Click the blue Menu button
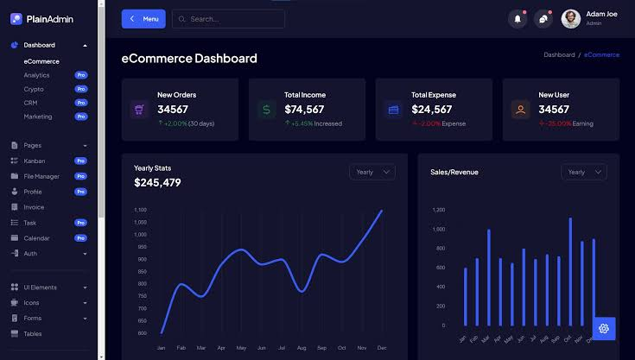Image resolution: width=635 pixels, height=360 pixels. (x=143, y=19)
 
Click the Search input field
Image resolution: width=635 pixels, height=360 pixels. (x=228, y=19)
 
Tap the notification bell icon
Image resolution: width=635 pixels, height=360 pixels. (x=518, y=18)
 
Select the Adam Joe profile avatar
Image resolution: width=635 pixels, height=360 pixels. (x=570, y=18)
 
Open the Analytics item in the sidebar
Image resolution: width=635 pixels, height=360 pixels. (x=36, y=75)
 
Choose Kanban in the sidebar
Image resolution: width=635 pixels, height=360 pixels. (x=35, y=161)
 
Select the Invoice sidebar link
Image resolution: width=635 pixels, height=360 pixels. (x=34, y=207)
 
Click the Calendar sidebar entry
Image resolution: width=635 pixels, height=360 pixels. (x=36, y=238)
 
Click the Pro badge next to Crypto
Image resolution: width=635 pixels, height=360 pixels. (x=81, y=89)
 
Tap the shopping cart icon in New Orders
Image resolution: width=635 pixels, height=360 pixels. (x=139, y=110)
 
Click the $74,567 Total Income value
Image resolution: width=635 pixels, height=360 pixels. (x=304, y=109)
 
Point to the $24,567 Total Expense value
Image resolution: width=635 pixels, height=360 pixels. (x=431, y=109)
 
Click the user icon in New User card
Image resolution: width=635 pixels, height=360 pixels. (x=520, y=110)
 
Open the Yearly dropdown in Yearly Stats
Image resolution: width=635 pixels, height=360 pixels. (x=372, y=172)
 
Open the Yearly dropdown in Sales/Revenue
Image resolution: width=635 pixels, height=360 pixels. (x=584, y=172)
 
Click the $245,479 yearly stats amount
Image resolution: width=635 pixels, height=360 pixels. (x=157, y=182)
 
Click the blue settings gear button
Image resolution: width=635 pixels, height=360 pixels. (x=604, y=328)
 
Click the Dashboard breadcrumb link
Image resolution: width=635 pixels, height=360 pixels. (x=559, y=54)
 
